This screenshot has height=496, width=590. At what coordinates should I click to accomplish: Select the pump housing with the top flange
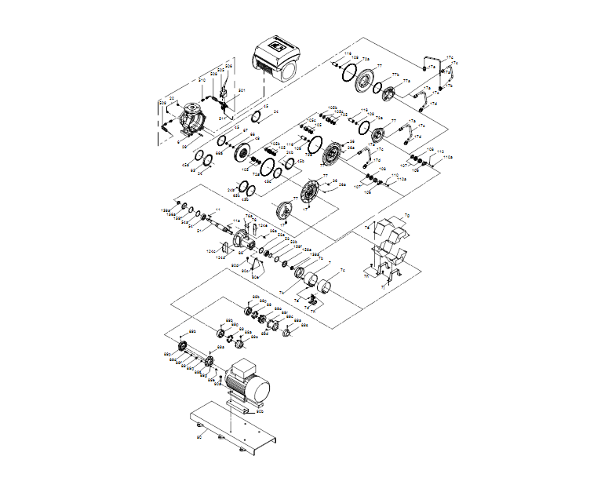tap(189, 119)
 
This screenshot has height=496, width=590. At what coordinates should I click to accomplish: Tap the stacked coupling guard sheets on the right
tap(388, 247)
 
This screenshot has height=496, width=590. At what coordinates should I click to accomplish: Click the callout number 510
tap(202, 81)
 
